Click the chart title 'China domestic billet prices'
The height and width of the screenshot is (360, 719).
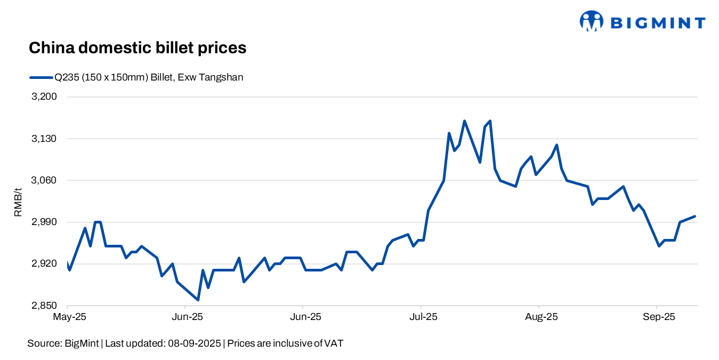(x=137, y=48)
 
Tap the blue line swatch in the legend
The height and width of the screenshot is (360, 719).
(x=41, y=77)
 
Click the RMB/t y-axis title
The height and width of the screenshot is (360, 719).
(x=18, y=202)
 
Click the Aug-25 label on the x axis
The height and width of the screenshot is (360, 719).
(x=540, y=317)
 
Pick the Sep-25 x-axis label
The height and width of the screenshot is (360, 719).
(x=658, y=317)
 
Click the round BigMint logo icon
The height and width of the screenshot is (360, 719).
(x=592, y=21)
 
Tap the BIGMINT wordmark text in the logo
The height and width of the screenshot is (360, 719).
(x=657, y=22)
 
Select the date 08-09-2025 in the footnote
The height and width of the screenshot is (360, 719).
(x=194, y=343)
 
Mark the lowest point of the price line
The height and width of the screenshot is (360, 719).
(x=198, y=300)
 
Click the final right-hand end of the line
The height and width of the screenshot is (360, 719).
(x=696, y=216)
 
